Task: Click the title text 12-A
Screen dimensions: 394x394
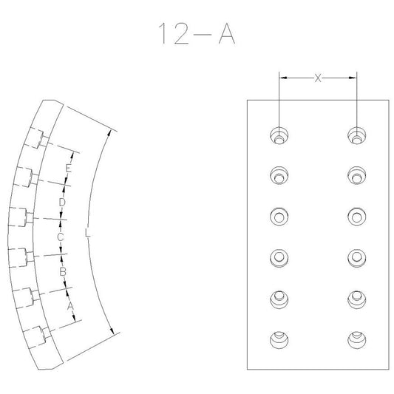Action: [x=197, y=34]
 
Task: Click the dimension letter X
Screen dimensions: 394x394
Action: [x=318, y=78]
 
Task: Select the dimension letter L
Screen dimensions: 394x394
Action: [x=87, y=232]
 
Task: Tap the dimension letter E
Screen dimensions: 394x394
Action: [x=68, y=168]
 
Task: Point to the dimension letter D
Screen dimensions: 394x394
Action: [x=62, y=202]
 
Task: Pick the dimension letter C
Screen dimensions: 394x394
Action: [x=61, y=237]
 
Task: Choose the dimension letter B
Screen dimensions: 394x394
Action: [x=63, y=271]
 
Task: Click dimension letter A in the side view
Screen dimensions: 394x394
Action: [x=70, y=306]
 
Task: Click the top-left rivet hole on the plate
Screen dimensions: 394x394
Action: [x=279, y=136]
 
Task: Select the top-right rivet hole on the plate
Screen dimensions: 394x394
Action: [x=357, y=136]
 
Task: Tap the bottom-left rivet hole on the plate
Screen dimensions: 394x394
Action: [x=279, y=340]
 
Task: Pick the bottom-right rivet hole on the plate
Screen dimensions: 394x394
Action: [x=357, y=340]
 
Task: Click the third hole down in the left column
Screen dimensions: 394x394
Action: [x=279, y=217]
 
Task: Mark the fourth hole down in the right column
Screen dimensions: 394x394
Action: [x=357, y=258]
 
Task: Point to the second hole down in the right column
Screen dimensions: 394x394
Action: [x=357, y=175]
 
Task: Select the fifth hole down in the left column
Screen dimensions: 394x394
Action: [x=279, y=299]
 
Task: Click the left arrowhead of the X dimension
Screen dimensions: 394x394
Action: [x=283, y=78]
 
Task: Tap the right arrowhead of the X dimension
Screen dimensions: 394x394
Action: [x=353, y=78]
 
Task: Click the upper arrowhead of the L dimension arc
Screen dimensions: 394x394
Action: [x=109, y=134]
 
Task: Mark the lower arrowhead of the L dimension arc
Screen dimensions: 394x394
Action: [x=112, y=331]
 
